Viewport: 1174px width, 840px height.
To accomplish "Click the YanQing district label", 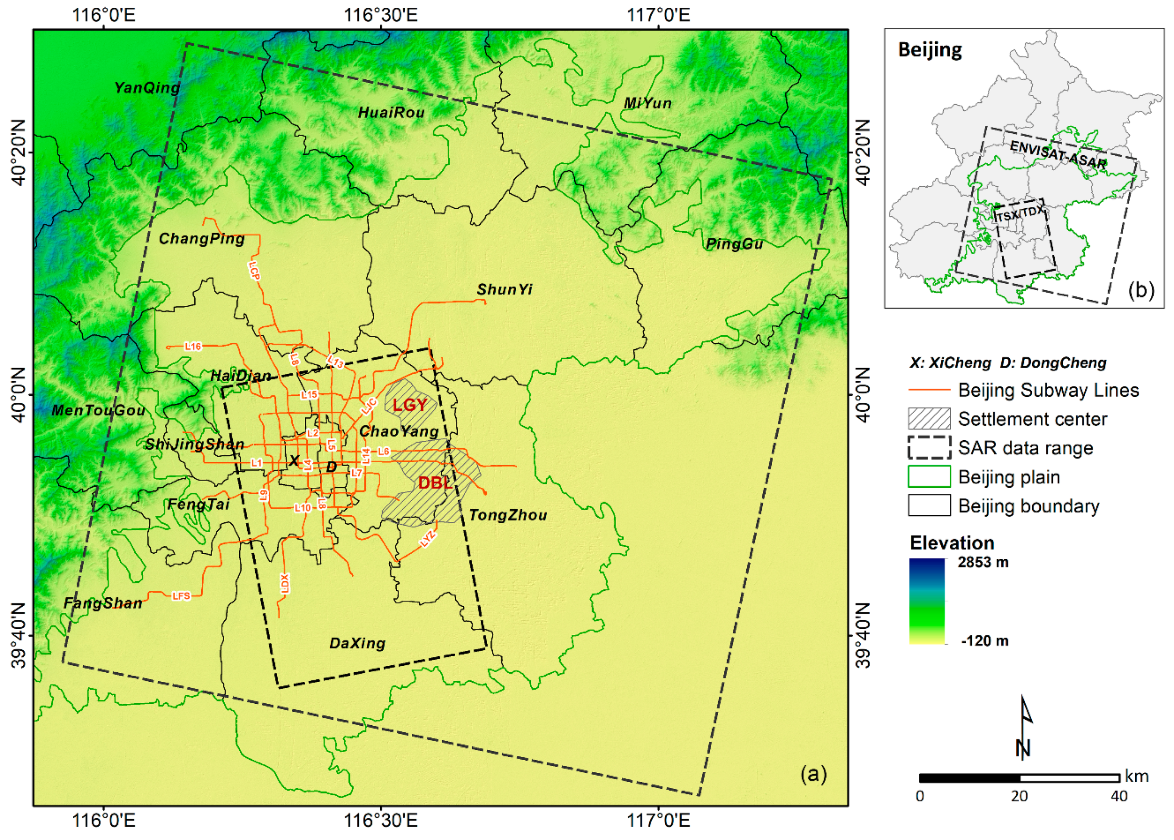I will (147, 88).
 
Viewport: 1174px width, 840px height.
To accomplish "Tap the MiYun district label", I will (648, 103).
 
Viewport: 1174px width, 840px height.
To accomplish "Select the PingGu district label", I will (734, 244).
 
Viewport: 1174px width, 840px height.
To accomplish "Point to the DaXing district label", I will (357, 643).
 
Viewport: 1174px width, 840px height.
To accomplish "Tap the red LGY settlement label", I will (410, 405).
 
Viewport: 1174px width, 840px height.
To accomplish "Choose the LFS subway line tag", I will (181, 596).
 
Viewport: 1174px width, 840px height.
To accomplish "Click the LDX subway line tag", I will (284, 583).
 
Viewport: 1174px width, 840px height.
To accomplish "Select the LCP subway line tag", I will (254, 270).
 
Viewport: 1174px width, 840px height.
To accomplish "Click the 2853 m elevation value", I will (983, 562).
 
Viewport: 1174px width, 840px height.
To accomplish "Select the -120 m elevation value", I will (984, 641).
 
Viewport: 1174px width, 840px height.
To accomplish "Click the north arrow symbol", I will (1024, 729).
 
